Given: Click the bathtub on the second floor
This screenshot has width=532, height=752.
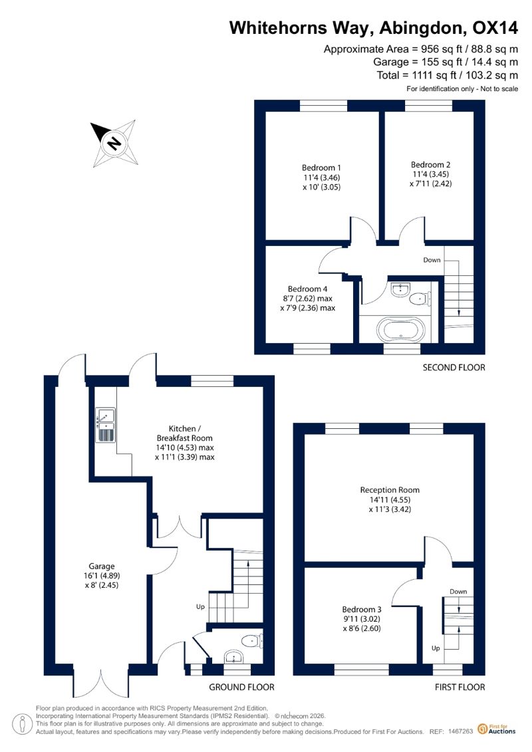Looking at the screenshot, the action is tap(400, 330).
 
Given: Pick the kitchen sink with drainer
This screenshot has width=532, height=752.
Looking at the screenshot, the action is tap(106, 425).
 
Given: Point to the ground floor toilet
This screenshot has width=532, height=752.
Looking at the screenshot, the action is tap(251, 641).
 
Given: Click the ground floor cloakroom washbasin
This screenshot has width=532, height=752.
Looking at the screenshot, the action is tap(234, 656).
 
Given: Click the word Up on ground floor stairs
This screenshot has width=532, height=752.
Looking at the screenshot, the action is tap(201, 606).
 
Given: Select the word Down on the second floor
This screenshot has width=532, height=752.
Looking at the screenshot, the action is tap(432, 260).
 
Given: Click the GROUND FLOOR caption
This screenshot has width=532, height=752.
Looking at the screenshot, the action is tap(242, 688).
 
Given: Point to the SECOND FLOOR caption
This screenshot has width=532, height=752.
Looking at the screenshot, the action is tap(454, 368).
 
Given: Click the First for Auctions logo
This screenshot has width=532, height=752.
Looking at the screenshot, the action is tap(497, 730).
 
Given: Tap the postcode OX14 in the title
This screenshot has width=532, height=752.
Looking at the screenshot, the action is tap(495, 28).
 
